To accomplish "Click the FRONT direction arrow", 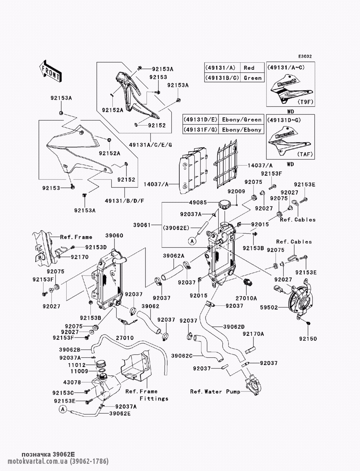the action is click(x=50, y=71).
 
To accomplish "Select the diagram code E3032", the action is click(x=305, y=56).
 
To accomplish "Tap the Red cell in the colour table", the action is click(x=249, y=68).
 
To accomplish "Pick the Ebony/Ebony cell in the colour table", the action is click(x=242, y=130).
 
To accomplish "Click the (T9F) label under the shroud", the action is click(x=306, y=102).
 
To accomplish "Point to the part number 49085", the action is click(x=198, y=202).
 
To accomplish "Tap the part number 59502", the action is click(x=269, y=308).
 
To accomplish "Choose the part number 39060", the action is click(x=114, y=236).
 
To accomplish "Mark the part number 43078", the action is click(x=72, y=382).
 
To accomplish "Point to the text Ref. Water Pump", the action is click(x=215, y=391).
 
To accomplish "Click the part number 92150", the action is click(x=308, y=339).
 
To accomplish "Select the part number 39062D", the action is click(x=234, y=327).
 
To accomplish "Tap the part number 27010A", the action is click(x=246, y=298).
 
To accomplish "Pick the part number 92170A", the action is click(x=253, y=334).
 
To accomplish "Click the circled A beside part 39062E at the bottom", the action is click(x=63, y=409).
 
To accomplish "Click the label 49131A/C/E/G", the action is click(x=150, y=145).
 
